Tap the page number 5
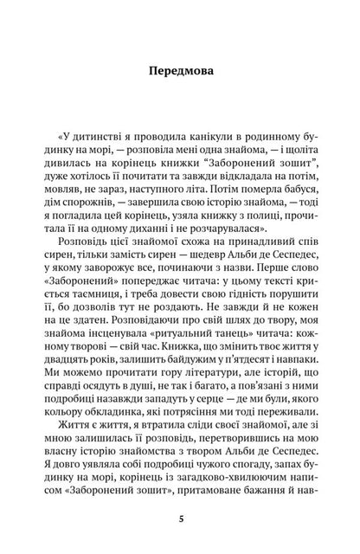pos(180,519)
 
